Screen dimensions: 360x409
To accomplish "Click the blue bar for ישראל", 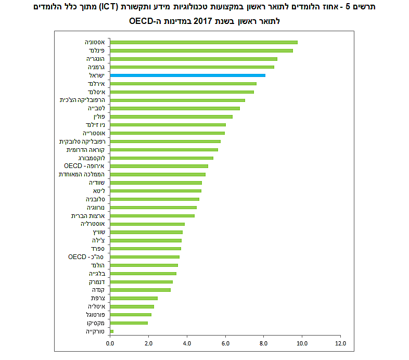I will click(x=187, y=75).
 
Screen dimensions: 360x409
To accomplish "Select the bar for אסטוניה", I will click(x=203, y=42).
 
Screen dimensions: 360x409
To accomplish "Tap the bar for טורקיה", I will click(x=111, y=331).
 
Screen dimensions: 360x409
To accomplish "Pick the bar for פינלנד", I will click(x=201, y=50).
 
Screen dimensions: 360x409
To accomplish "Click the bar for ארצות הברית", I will click(x=152, y=215).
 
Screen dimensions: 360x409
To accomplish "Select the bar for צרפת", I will click(x=133, y=298).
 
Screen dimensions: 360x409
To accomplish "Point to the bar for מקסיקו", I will click(x=129, y=323).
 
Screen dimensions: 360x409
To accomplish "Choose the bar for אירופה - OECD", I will click(x=159, y=166).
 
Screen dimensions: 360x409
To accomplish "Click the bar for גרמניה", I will click(x=191, y=67).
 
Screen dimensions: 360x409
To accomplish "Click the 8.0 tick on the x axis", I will click(x=264, y=343).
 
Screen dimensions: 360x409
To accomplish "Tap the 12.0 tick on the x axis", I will click(x=340, y=343).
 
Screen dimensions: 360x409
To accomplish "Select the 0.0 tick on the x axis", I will click(x=110, y=343).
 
